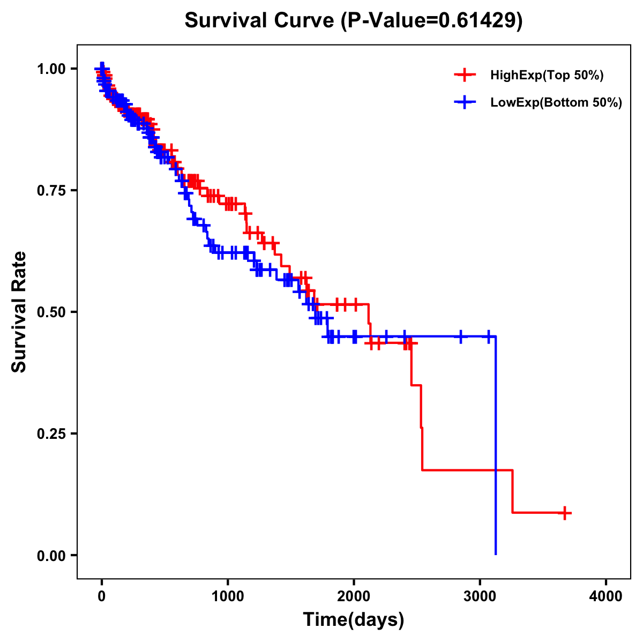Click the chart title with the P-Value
coord(353,20)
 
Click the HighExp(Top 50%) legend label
coord(547,76)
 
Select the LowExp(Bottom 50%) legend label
coord(556,102)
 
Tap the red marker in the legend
coord(465,76)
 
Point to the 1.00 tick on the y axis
coord(51,69)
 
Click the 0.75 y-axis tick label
coord(51,190)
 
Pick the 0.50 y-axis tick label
coord(51,312)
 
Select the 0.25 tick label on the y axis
coord(51,433)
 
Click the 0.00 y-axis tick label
coord(51,556)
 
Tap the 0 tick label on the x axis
coord(102,596)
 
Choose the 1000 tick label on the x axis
coord(228,596)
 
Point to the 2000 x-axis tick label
coord(354,596)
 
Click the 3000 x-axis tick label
coord(480,596)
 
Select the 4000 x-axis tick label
coord(606,596)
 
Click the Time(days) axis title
coord(354,620)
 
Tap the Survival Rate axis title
coord(19,311)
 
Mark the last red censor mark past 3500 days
coord(564,513)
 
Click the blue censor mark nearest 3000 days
coord(488,337)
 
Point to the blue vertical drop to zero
coord(496,445)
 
